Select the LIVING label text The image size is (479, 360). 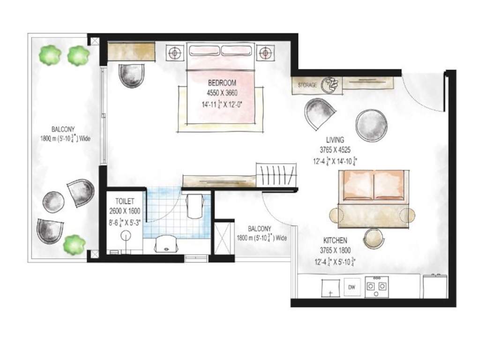335,140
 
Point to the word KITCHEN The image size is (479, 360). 335,240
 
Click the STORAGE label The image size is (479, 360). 307,85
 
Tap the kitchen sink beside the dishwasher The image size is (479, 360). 330,287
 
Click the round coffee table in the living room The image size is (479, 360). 371,125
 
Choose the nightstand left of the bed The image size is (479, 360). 175,52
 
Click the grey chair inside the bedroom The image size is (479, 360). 131,75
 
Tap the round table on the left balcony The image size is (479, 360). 53,202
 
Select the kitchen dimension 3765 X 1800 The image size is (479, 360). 335,250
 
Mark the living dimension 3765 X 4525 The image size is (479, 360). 335,150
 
